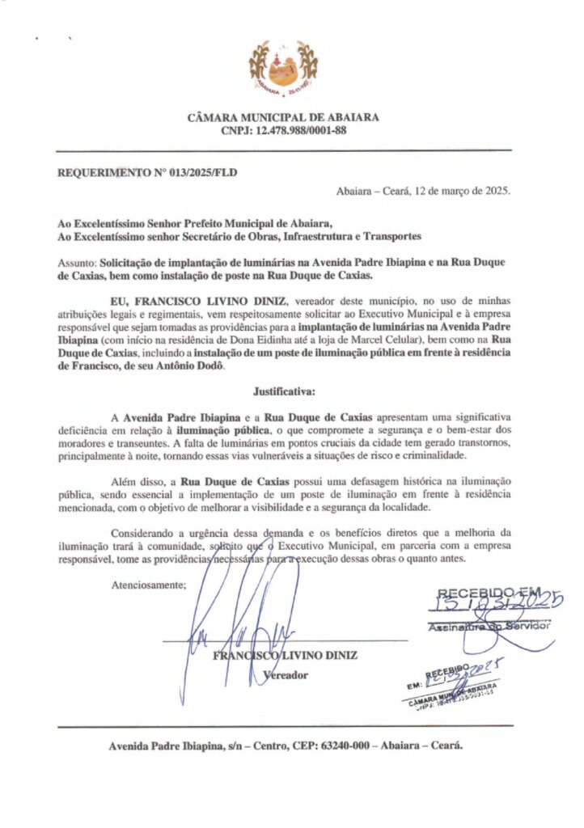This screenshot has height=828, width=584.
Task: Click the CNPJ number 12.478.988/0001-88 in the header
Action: pyautogui.click(x=301, y=130)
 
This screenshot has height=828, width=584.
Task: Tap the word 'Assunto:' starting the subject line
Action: pyautogui.click(x=77, y=263)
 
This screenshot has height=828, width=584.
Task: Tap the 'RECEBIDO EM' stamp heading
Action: pyautogui.click(x=489, y=592)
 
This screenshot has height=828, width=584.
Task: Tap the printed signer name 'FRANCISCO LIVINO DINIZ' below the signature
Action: pyautogui.click(x=285, y=655)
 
